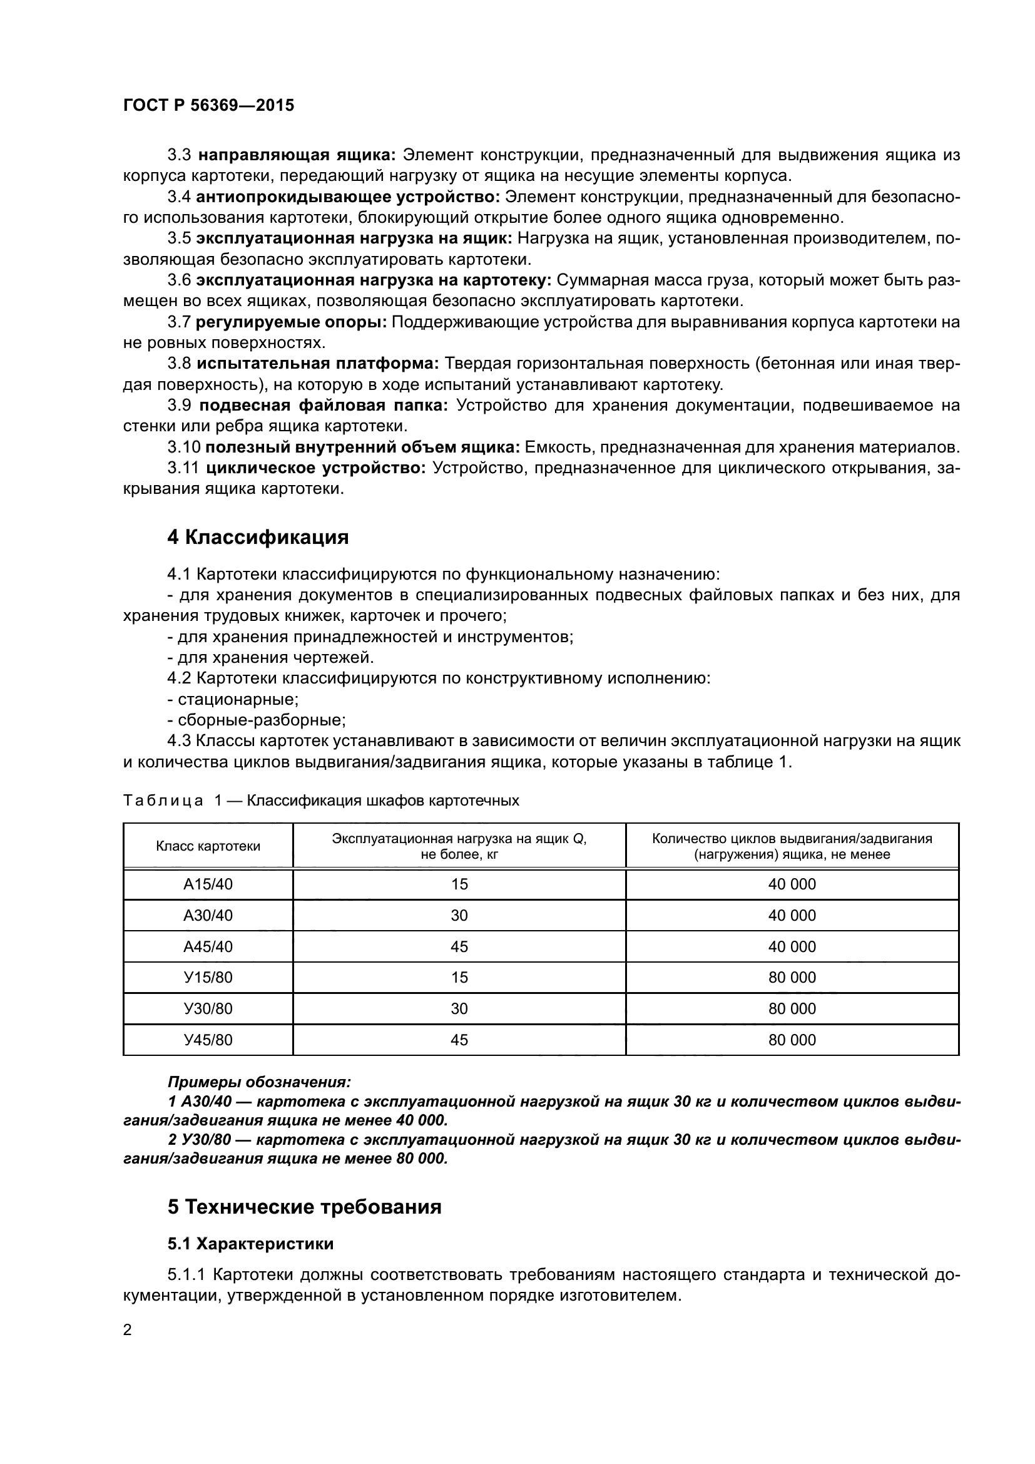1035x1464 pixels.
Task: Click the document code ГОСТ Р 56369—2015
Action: [208, 106]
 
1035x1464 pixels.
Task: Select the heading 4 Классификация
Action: [257, 537]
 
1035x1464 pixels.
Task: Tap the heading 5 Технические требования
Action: [304, 1207]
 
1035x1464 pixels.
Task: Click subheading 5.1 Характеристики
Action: [250, 1244]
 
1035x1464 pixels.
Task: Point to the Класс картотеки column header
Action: [208, 846]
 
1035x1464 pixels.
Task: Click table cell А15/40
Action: [208, 884]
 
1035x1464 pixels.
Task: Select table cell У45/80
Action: [208, 1040]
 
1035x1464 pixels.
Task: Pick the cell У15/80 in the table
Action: [208, 978]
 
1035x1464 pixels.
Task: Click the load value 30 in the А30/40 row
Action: [459, 916]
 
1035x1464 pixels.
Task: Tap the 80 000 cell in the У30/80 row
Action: [792, 1009]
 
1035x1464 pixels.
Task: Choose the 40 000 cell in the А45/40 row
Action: [792, 947]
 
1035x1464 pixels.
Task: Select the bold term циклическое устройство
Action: [315, 468]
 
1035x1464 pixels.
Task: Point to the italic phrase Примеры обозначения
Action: [259, 1082]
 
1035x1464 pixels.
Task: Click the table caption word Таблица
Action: [163, 801]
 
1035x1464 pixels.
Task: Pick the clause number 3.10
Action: [183, 447]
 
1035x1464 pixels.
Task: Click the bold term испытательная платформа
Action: [317, 364]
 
